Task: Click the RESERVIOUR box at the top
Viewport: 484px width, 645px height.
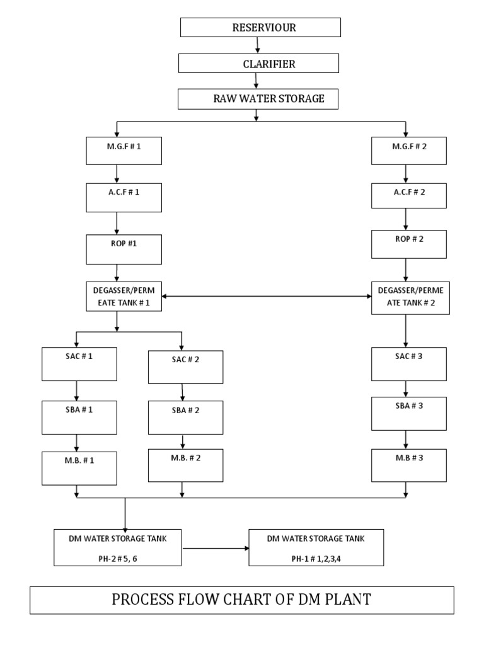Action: pos(260,28)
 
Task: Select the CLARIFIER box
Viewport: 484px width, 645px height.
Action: pos(258,64)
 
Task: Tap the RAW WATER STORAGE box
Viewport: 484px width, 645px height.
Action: pos(258,99)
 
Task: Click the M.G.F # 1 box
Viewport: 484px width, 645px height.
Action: pos(124,151)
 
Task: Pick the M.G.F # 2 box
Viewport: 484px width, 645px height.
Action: pos(409,151)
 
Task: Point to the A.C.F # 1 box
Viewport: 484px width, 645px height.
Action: pos(124,197)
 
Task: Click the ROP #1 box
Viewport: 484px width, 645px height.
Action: pos(124,249)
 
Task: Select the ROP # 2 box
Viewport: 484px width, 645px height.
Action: pos(409,244)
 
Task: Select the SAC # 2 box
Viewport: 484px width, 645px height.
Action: pos(185,367)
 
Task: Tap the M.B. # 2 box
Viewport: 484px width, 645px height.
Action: pos(185,465)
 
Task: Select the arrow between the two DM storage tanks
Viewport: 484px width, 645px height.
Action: pos(216,548)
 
